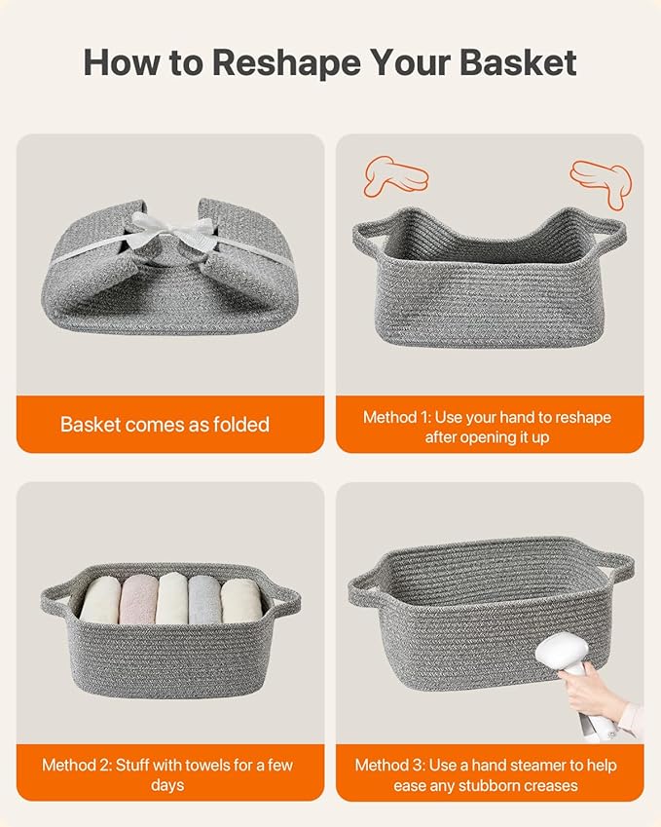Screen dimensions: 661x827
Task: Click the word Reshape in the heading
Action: click(286, 64)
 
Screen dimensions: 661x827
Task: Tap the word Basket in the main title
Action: click(518, 62)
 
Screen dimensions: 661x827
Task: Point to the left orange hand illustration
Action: click(395, 175)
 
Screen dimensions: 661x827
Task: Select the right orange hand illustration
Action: click(601, 182)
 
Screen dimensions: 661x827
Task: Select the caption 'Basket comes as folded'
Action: click(165, 425)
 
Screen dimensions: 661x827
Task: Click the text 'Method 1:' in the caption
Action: click(397, 417)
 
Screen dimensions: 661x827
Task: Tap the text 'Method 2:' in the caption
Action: click(77, 765)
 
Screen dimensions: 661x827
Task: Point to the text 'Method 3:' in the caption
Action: click(389, 765)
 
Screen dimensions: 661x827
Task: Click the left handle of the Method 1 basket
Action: click(365, 237)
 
